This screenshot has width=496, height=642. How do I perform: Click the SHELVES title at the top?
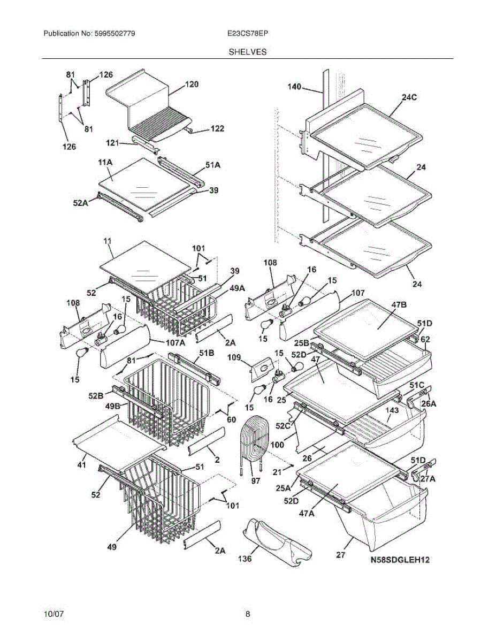coord(248,52)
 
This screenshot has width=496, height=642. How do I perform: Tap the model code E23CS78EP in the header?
coord(247,34)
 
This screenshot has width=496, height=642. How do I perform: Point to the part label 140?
coord(294,87)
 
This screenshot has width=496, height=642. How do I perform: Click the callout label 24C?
coord(409,97)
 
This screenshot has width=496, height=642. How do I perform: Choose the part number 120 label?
coord(192,84)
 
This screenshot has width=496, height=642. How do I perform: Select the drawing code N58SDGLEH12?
coord(400,561)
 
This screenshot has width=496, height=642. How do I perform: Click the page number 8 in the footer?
coord(248,614)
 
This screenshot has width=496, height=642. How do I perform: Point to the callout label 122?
coord(217,128)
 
